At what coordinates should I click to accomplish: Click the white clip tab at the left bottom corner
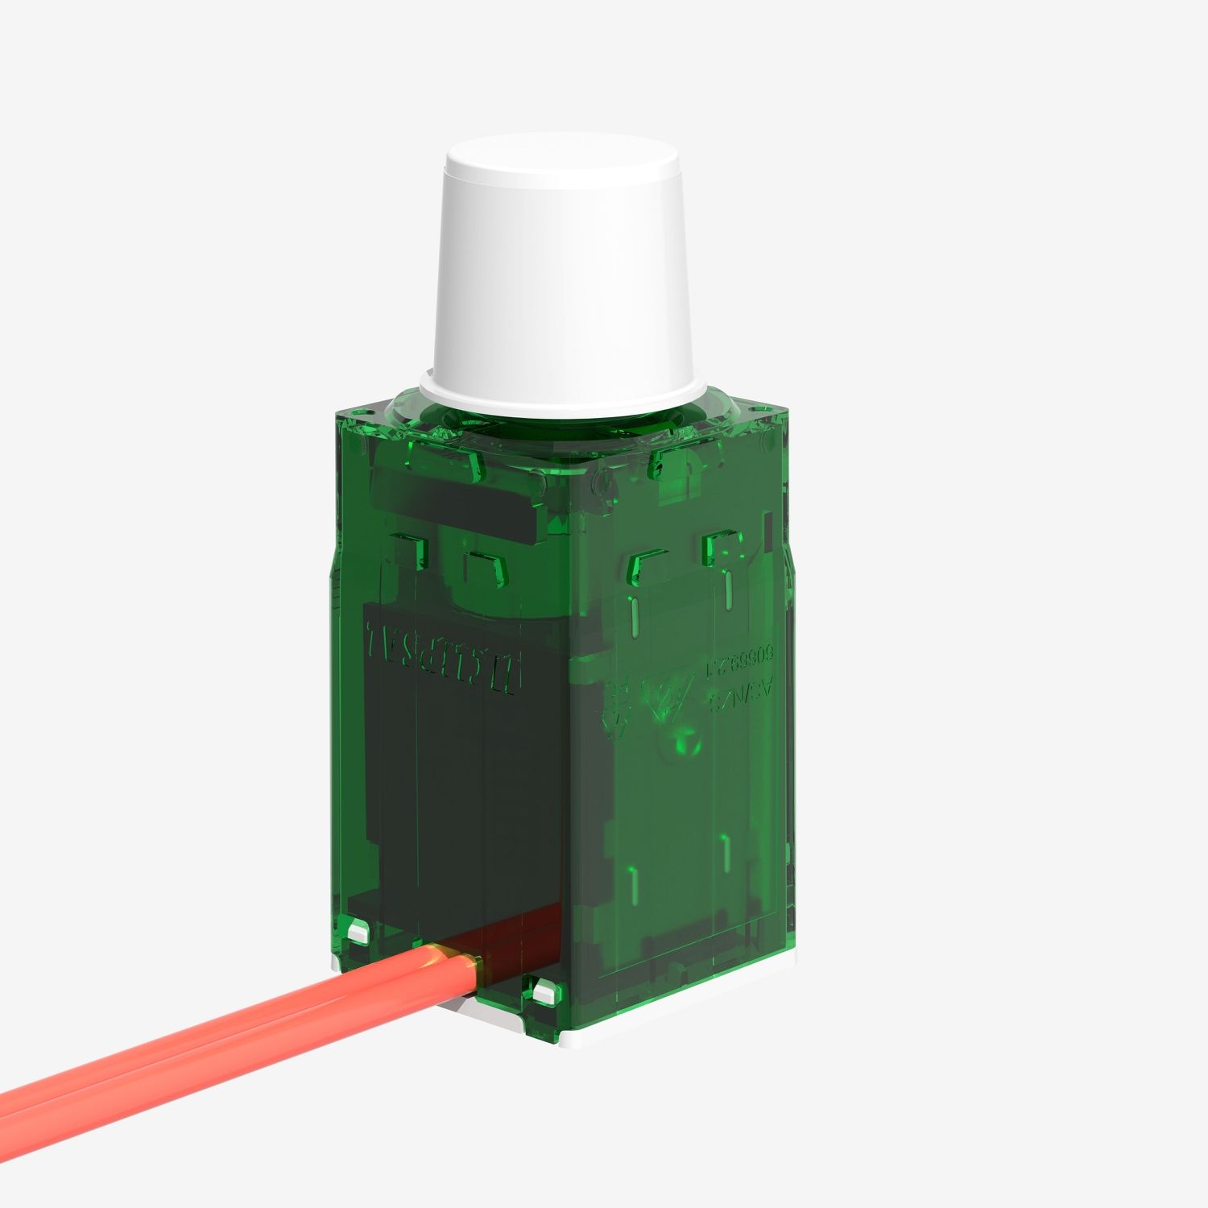357,933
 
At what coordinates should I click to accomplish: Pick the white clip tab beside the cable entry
542,991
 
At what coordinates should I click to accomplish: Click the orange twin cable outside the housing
242,1047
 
